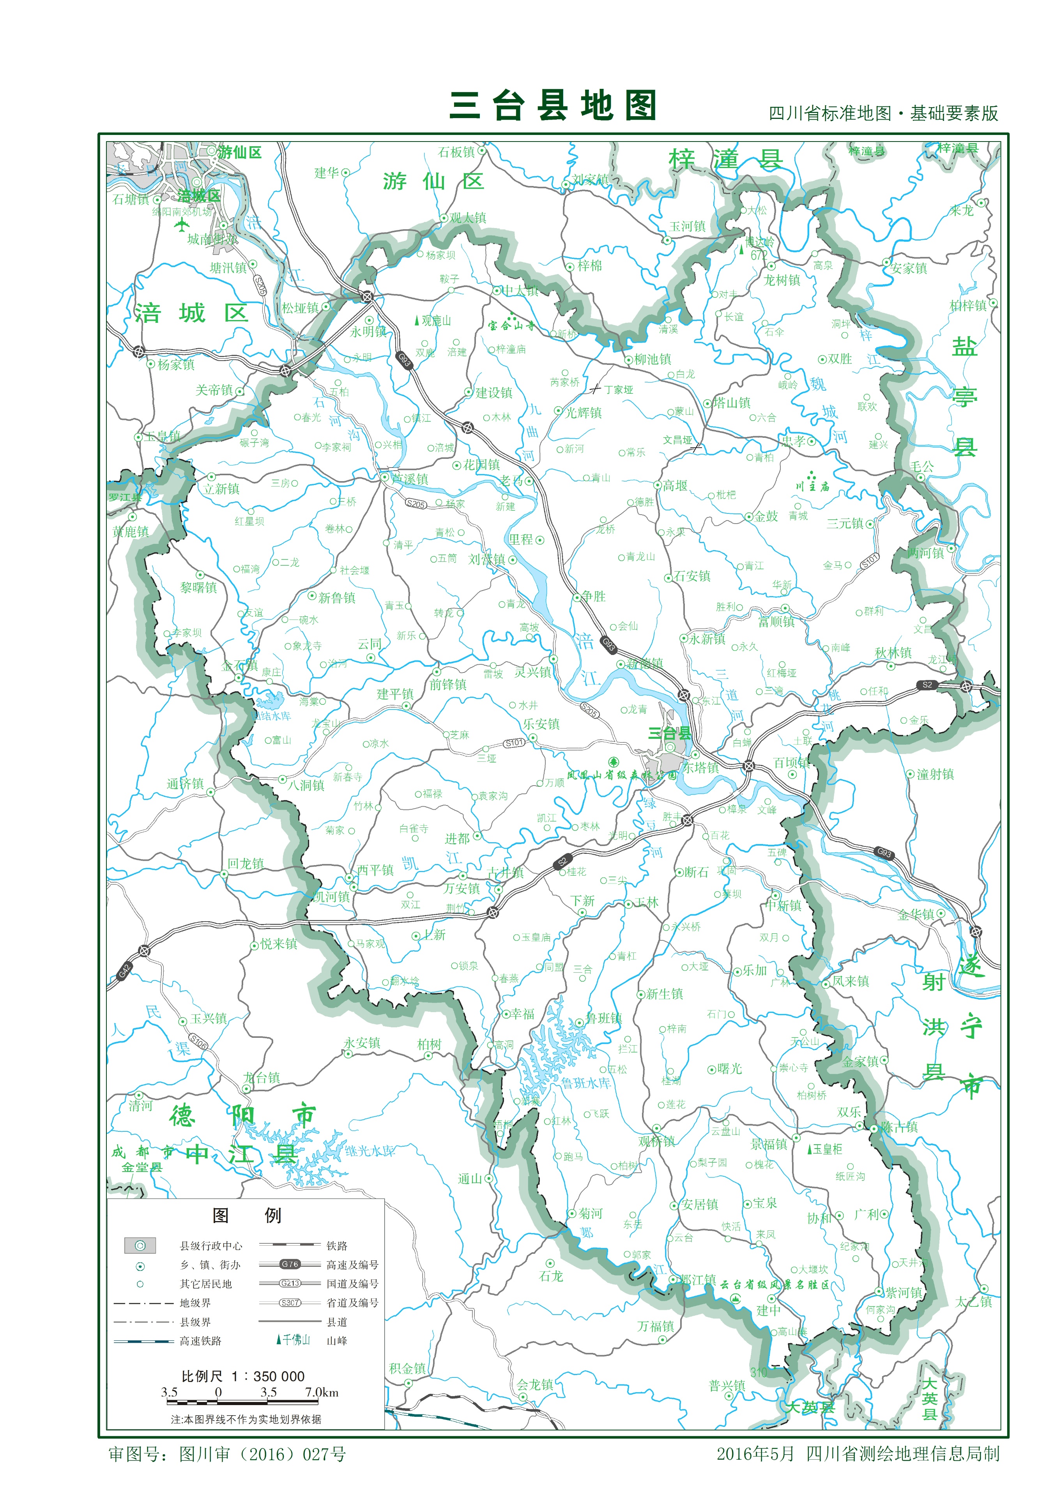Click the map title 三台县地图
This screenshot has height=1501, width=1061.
click(552, 106)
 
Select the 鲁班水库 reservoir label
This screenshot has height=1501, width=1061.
click(586, 1083)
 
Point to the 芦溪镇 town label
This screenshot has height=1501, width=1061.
click(410, 479)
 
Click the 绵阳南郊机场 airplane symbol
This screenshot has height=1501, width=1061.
click(182, 225)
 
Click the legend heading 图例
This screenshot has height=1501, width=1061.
click(246, 1215)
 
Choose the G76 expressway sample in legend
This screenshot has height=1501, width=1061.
click(290, 1264)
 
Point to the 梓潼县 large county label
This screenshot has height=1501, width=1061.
click(726, 159)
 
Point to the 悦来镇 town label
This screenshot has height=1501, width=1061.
click(278, 944)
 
